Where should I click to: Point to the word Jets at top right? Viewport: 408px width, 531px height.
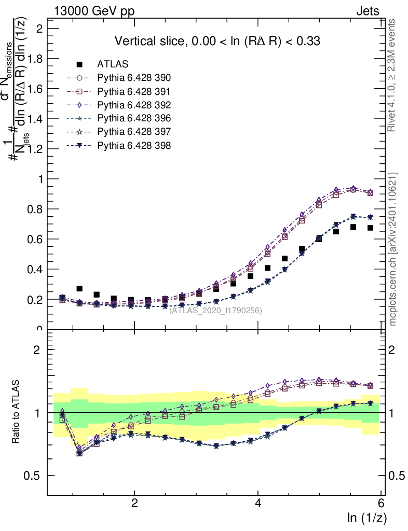coord(368,11)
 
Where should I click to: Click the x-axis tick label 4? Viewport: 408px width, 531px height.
coord(259,504)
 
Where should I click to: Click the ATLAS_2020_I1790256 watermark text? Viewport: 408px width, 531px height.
coord(215,311)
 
